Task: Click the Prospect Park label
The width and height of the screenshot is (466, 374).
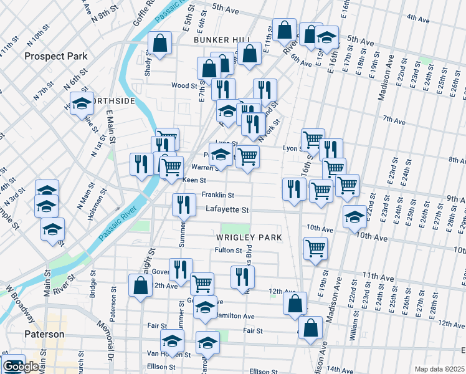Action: point(55,56)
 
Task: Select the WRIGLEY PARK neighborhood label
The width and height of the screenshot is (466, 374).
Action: point(249,237)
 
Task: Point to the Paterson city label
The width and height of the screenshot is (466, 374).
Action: point(44,334)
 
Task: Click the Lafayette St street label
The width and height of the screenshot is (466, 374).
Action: point(227,210)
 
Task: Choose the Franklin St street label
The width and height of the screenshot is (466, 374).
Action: point(217,195)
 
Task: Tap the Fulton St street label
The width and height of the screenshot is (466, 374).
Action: point(228,251)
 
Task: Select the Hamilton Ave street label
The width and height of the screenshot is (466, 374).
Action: point(236,316)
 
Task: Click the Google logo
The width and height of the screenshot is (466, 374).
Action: point(21,367)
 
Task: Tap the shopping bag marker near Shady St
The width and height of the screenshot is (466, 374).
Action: point(159,44)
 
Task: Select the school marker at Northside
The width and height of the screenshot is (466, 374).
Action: point(82,104)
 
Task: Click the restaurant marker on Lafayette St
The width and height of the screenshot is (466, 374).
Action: point(183,204)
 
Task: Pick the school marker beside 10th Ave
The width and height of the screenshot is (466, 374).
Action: point(354,218)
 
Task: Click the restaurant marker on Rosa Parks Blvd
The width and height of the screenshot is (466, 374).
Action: point(242,277)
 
